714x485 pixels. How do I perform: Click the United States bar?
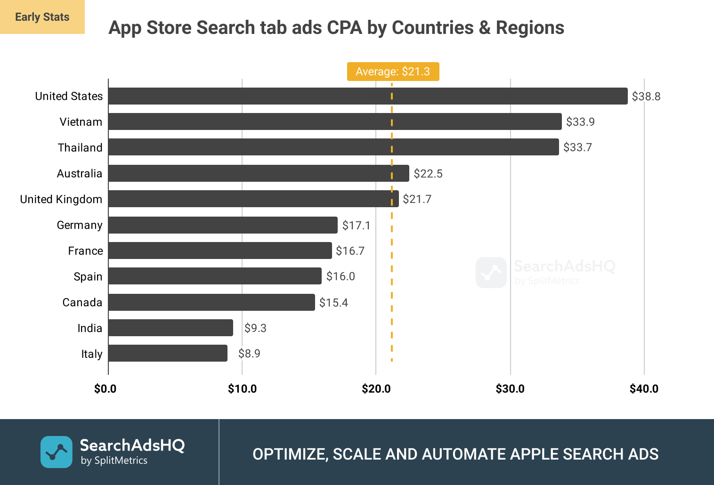pos(367,96)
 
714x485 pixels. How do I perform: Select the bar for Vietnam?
pos(334,121)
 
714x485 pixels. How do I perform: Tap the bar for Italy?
pos(168,353)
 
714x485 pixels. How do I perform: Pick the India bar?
pos(170,328)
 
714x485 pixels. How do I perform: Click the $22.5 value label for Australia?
pos(428,174)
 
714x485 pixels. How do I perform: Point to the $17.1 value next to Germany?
pos(356,226)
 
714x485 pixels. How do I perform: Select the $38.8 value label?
pos(646,97)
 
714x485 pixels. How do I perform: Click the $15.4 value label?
pos(333,303)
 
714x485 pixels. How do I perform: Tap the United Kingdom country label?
pos(61,199)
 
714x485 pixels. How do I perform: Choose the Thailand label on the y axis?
pos(80,148)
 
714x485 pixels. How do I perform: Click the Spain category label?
pos(88,276)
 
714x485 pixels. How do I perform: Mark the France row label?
pos(85,251)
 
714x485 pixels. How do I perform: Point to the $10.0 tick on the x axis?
pos(242,389)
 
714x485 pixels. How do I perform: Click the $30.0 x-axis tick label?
pos(510,389)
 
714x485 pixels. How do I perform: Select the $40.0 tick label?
pos(644,389)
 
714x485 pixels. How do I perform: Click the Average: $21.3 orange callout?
pos(393,72)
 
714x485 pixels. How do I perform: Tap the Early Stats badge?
pos(42,17)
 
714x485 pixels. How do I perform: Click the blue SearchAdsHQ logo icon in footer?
pos(57,452)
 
